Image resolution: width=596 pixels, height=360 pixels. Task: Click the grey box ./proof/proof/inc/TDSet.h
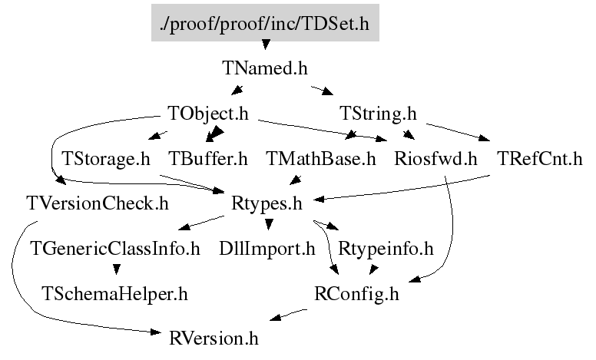point(265,23)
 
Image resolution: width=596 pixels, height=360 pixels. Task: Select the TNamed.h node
point(265,68)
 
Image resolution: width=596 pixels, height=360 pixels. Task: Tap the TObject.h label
point(208,114)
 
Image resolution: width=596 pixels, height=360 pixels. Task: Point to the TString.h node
point(378,114)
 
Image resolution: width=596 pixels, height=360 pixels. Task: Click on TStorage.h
point(106,159)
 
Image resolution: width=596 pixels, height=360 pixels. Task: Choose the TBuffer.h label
point(208,159)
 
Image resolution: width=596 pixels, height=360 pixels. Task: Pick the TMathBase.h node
point(321,159)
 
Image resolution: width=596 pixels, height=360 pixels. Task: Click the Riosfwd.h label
point(435,159)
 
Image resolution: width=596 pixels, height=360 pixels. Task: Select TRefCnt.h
point(540,159)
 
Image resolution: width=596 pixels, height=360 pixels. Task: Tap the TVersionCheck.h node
point(98,203)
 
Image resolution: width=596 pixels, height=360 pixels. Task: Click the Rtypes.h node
point(267,204)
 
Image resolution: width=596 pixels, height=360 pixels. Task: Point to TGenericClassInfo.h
point(115,249)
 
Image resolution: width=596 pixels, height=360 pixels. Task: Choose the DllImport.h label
point(267,249)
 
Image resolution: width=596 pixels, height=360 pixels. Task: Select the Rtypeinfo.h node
point(386,249)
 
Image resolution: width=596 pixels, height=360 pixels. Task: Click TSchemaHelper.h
point(114,294)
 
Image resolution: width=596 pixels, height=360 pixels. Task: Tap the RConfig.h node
point(356,294)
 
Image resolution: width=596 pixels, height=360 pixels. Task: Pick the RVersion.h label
point(214,339)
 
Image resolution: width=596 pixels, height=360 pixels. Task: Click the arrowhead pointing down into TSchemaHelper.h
point(117,269)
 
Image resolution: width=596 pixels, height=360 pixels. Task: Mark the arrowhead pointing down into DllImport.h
point(269,224)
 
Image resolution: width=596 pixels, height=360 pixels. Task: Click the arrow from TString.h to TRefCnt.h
point(458,132)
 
